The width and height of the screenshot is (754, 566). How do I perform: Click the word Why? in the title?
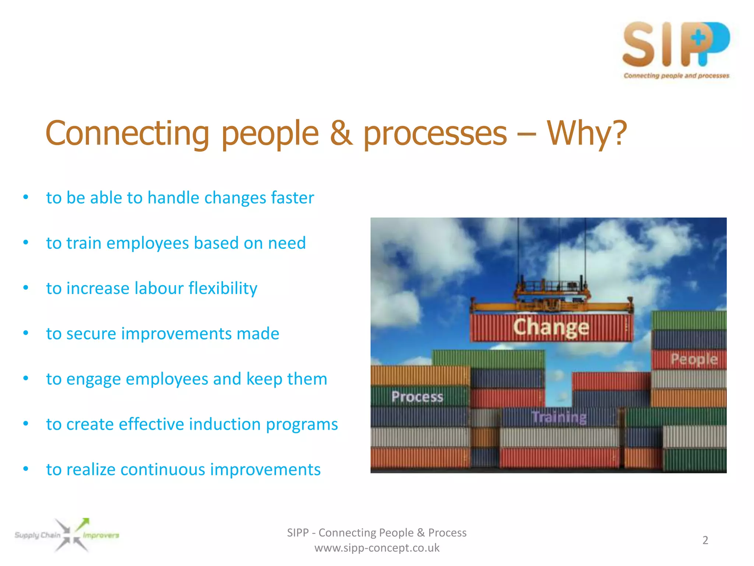point(586,133)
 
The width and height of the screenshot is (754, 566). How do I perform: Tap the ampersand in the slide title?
point(341,133)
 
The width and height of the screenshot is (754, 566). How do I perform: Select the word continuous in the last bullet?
point(163,470)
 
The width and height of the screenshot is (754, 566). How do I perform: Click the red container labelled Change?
point(551,327)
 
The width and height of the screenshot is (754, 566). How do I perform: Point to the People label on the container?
point(694,359)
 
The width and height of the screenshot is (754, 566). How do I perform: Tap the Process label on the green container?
point(417,397)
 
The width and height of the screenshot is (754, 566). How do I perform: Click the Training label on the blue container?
point(559,417)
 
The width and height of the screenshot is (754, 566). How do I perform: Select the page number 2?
point(705,540)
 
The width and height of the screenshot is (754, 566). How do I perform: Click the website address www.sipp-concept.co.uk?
point(377,548)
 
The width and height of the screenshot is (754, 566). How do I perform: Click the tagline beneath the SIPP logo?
point(676,76)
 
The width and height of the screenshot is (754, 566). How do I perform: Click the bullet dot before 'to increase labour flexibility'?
point(25,288)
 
